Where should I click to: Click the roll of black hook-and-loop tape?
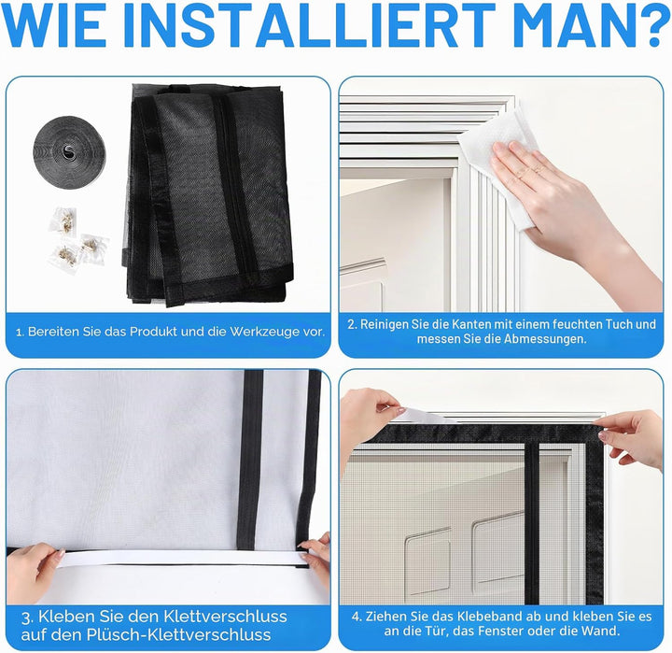coord(68,150)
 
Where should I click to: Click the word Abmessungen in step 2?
coord(545,339)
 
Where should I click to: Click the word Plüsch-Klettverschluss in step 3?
coord(178,634)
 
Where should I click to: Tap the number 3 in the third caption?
coord(26,618)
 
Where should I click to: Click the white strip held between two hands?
coord(180,559)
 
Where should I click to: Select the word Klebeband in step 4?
coord(485,617)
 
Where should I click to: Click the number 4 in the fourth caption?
coord(357,617)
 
